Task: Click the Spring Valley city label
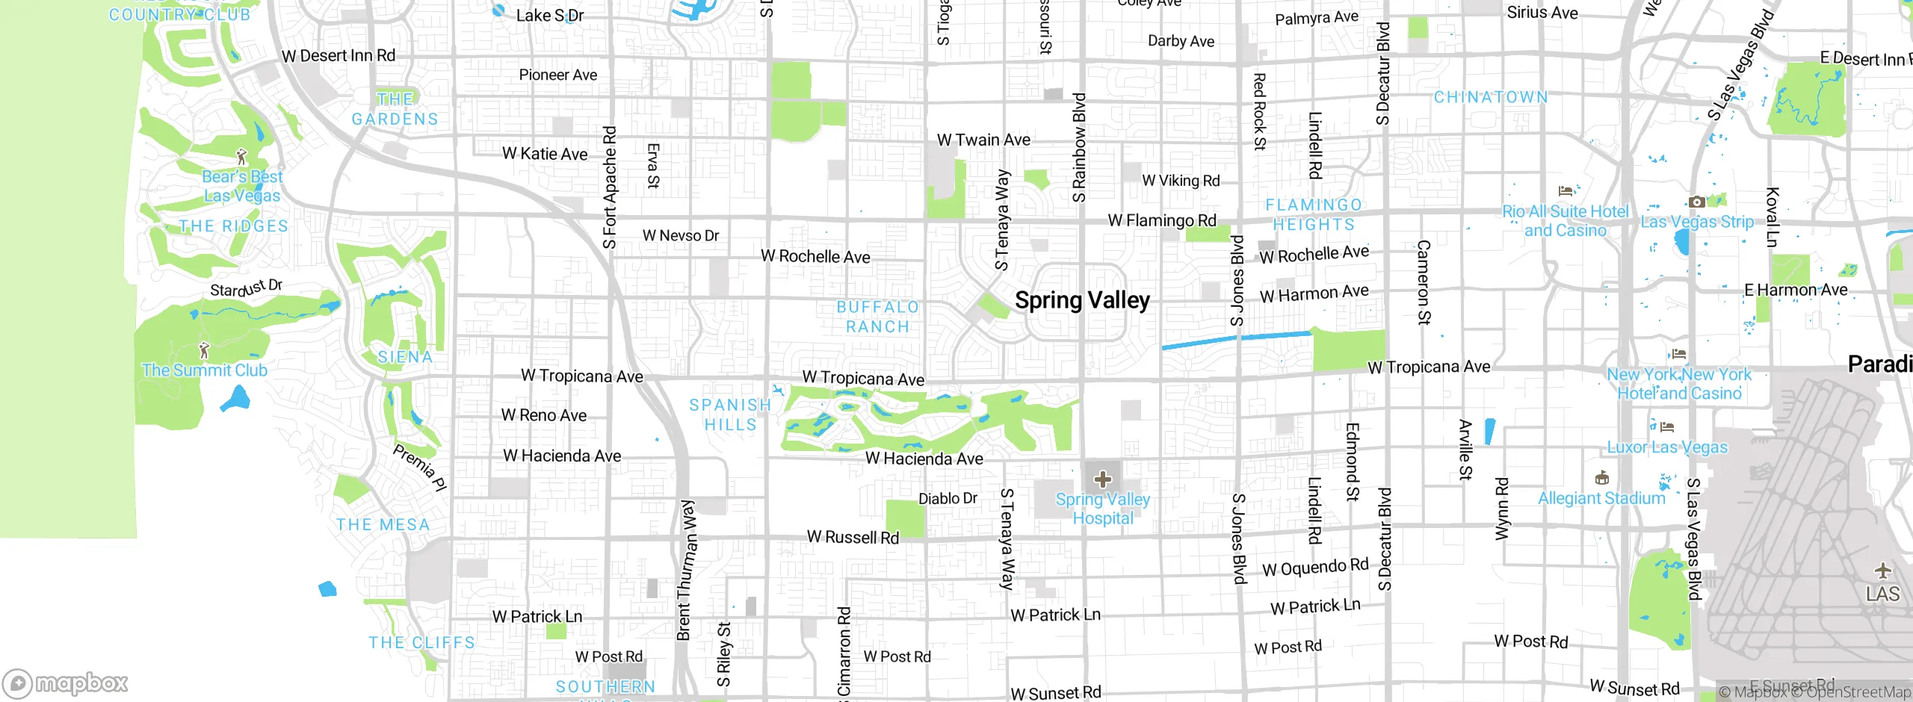coord(1082,300)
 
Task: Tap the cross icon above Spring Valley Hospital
coord(1103,479)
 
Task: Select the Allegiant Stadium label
coord(1601,498)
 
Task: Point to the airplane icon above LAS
coord(1882,571)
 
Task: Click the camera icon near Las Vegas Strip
coord(1696,202)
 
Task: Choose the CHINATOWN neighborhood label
coord(1491,98)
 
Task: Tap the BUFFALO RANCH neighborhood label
coord(877,317)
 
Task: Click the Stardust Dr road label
coord(246,288)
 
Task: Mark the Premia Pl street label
coord(419,468)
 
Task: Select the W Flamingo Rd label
coord(1162,220)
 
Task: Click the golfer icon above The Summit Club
coord(204,350)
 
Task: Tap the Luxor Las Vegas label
coord(1667,447)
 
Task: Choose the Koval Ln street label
coord(1772,217)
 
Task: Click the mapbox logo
coord(66,683)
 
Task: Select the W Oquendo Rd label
coord(1315,568)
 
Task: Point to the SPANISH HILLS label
coord(730,414)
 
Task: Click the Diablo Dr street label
coord(948,498)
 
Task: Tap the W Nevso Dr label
coord(681,236)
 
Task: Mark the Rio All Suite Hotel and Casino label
coord(1566,221)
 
